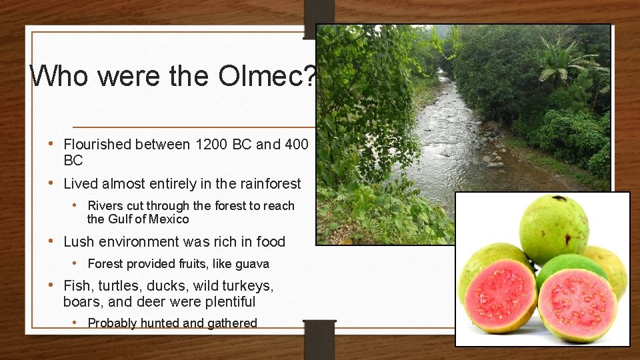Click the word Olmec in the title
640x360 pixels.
point(259,76)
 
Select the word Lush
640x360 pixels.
point(78,241)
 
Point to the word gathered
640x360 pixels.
point(232,323)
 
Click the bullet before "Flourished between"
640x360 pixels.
point(52,144)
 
